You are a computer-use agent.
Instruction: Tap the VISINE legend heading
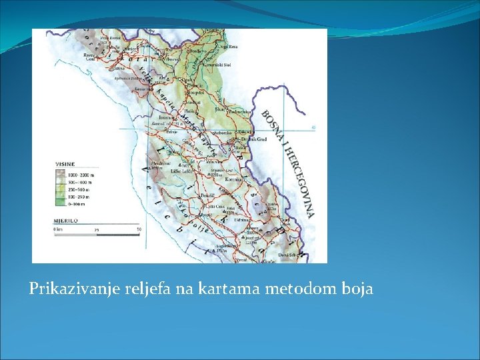(x=65, y=161)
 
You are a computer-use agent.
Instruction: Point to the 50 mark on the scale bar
(x=139, y=230)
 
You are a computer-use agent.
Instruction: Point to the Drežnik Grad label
(x=256, y=139)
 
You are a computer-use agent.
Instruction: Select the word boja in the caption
(x=357, y=289)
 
